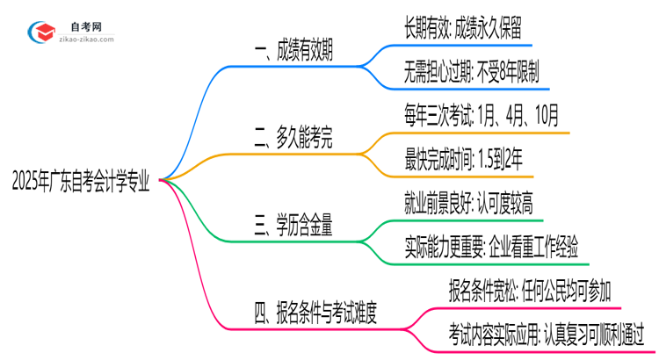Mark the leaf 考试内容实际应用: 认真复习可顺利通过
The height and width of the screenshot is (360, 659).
pos(547,335)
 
